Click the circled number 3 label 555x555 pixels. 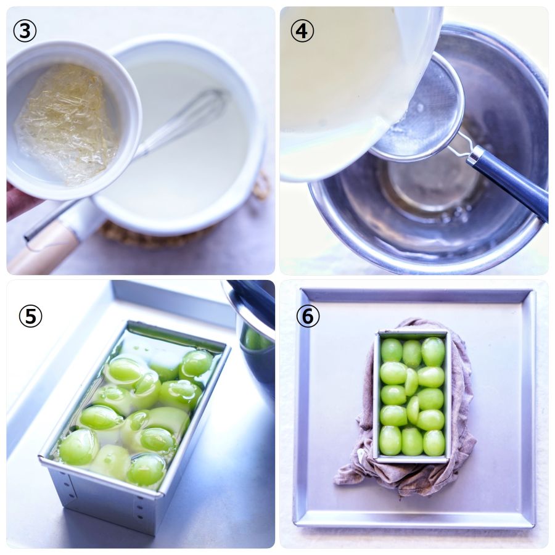coord(25,31)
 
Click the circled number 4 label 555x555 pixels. coord(302,31)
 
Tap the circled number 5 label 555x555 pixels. coord(30,316)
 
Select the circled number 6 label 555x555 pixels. coord(308,316)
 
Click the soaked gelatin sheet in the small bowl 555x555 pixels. coord(65,124)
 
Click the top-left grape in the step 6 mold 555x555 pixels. coord(391,350)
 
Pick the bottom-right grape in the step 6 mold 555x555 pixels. coord(434,442)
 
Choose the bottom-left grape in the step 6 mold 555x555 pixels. coord(390,440)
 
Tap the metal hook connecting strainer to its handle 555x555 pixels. coord(460,145)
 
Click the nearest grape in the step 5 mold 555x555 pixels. coord(147,470)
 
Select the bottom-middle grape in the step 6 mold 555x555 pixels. coord(412,442)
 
